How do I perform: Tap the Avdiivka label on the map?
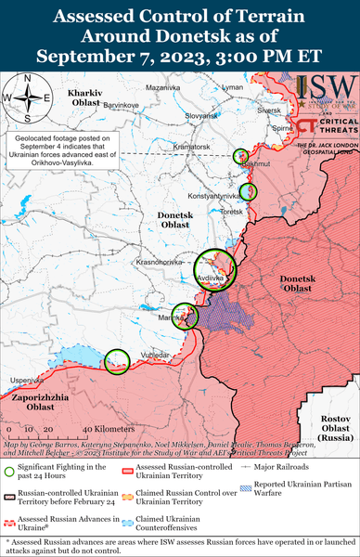[x=212, y=278]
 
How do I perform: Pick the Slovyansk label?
[x=201, y=115]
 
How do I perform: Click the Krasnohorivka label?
[x=157, y=263]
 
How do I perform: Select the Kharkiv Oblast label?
[x=90, y=100]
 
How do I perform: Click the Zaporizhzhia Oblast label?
[x=37, y=403]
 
